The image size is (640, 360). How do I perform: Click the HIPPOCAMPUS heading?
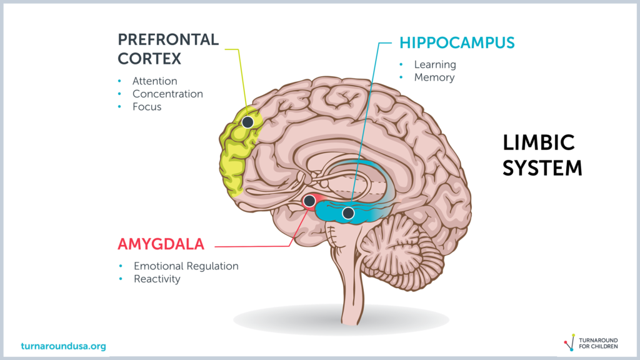(457, 43)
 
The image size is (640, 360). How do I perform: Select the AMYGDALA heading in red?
(161, 244)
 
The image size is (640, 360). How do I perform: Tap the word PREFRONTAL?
(168, 39)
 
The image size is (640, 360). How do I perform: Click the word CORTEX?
(149, 59)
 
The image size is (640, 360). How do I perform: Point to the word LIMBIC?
(538, 143)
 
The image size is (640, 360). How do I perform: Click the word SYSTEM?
(542, 168)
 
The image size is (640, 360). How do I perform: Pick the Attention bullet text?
(155, 81)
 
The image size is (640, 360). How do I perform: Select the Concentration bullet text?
(167, 94)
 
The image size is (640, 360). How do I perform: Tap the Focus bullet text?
(147, 107)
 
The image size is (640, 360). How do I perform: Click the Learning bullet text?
(435, 65)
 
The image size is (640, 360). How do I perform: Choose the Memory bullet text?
(434, 77)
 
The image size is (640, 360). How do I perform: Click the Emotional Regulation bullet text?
(186, 266)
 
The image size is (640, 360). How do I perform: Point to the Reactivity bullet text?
(157, 279)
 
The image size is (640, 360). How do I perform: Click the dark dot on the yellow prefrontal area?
(247, 122)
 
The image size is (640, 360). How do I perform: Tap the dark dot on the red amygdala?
(309, 201)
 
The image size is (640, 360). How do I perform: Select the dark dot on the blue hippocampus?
(348, 212)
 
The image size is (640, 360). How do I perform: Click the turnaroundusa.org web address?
(63, 346)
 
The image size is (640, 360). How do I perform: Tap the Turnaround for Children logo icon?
(570, 342)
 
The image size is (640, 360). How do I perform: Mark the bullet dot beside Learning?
(401, 64)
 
